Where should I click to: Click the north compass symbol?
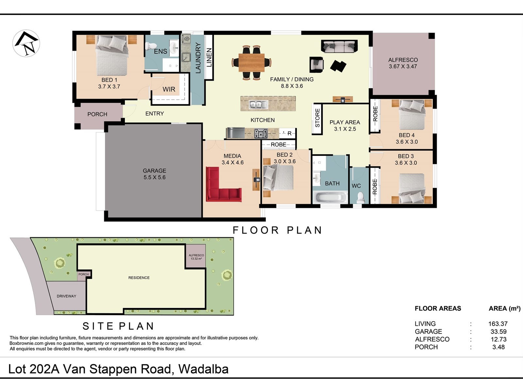pyautogui.click(x=26, y=43)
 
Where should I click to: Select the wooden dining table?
pyautogui.click(x=251, y=63)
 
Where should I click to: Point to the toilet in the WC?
pyautogui.click(x=360, y=198)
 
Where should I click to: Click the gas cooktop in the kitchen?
pyautogui.click(x=261, y=134)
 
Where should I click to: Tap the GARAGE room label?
pyautogui.click(x=154, y=171)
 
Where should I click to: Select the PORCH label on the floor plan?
pyautogui.click(x=97, y=114)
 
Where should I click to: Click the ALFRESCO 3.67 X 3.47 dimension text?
pyautogui.click(x=403, y=67)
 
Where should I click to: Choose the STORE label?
pyautogui.click(x=317, y=118)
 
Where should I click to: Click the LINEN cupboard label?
pyautogui.click(x=209, y=57)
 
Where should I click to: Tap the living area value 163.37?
pyautogui.click(x=498, y=324)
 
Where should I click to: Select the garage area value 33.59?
pyautogui.click(x=498, y=332)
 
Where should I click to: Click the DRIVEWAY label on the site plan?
pyautogui.click(x=66, y=296)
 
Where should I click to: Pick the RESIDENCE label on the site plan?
pyautogui.click(x=139, y=278)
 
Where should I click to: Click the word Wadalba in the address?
pyautogui.click(x=204, y=369)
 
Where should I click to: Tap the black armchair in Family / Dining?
pyautogui.click(x=316, y=64)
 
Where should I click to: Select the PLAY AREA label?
pyautogui.click(x=345, y=122)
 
